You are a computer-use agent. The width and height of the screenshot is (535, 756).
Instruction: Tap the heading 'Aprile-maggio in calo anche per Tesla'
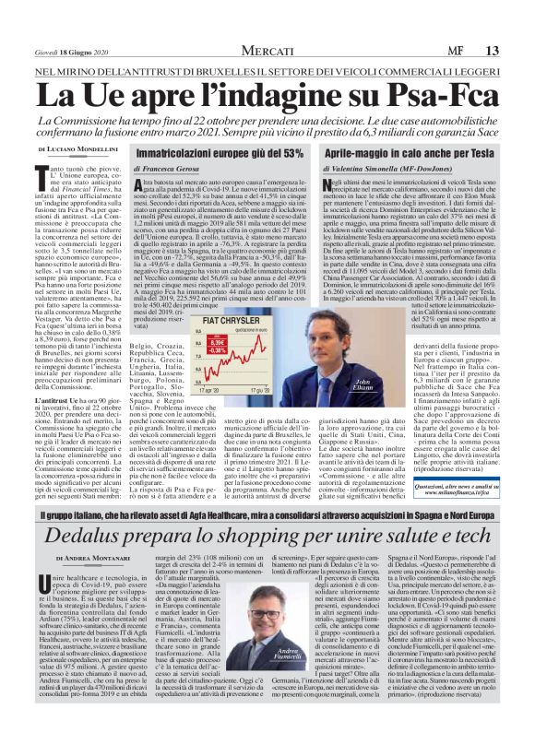pos(412,149)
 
